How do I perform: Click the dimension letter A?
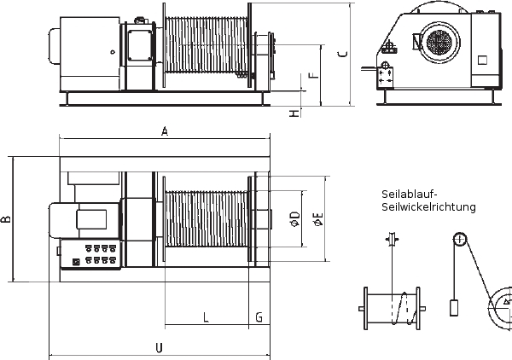tap(165, 131)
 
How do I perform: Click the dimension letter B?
tap(6, 219)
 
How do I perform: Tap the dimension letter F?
tap(314, 75)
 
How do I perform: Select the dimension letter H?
tap(294, 113)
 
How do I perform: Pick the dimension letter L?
tap(206, 316)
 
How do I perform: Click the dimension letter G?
tap(259, 316)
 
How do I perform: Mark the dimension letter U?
tap(159, 348)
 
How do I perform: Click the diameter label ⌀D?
tap(295, 219)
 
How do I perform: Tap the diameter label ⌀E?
tap(318, 219)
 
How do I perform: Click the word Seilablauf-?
tap(409, 195)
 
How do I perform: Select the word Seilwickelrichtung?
tap(428, 207)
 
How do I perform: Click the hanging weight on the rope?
tap(454, 307)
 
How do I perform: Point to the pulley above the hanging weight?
tap(459, 240)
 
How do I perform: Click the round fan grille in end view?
tap(439, 42)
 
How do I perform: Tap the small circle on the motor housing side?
tap(113, 52)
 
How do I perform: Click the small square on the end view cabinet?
tap(482, 60)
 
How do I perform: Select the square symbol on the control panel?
tap(76, 262)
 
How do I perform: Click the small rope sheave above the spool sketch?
tap(391, 239)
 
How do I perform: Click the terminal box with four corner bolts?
tap(141, 45)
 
